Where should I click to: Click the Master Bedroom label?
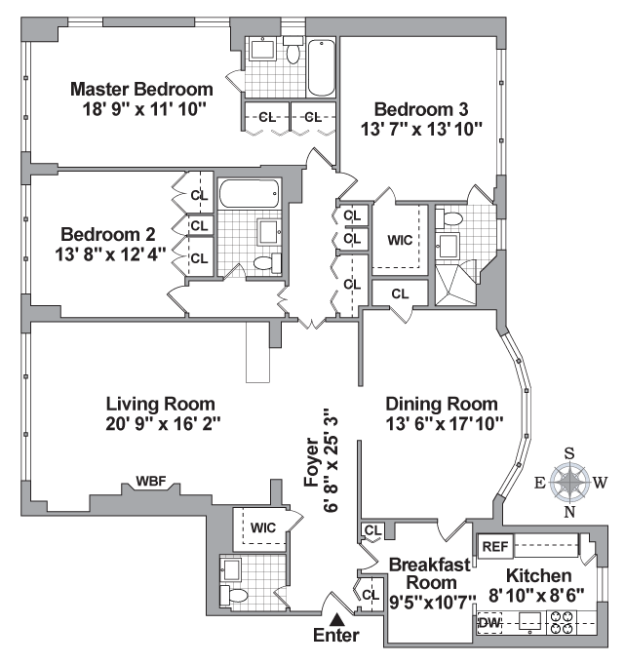[141, 90]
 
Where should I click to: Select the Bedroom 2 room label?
[108, 234]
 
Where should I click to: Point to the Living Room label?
[160, 403]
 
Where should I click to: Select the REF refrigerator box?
[492, 546]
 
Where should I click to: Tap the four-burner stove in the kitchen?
[563, 622]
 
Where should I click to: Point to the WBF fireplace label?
[151, 482]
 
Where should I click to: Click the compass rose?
[569, 481]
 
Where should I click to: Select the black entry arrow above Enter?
[337, 618]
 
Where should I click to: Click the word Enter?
[337, 636]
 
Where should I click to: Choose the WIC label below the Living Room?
[262, 527]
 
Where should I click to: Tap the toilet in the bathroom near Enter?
[235, 592]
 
